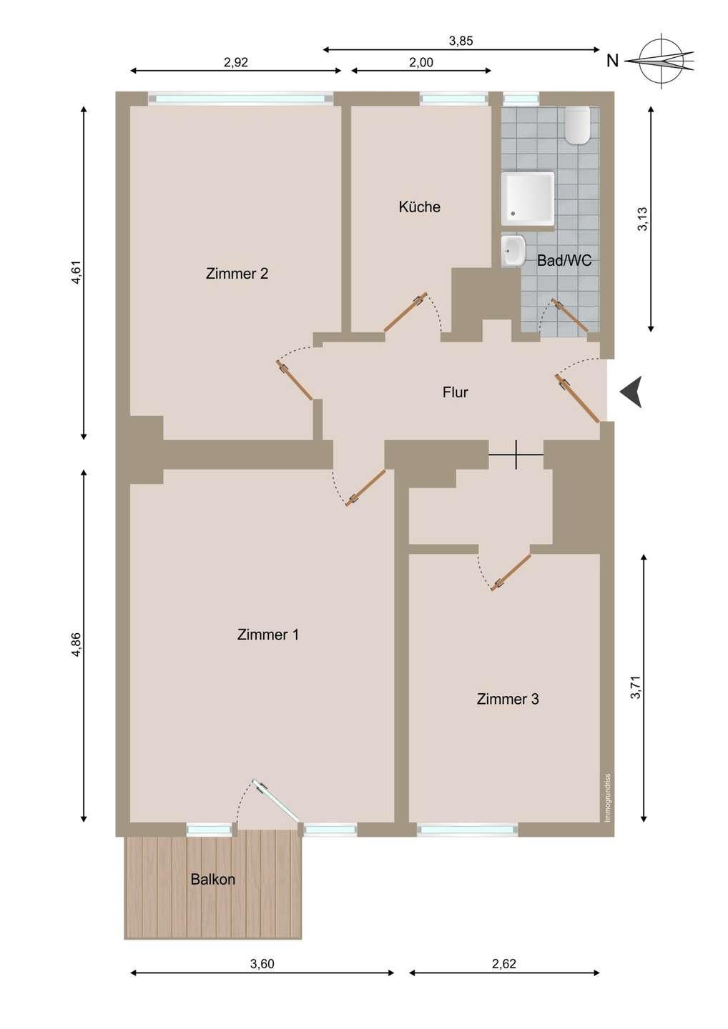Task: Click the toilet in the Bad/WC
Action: [x=577, y=124]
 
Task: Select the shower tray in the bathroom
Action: [x=528, y=199]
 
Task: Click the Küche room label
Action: [x=419, y=207]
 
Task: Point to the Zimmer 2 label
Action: [x=237, y=274]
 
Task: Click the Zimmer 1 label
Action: [x=268, y=635]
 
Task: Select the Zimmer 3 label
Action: [x=508, y=699]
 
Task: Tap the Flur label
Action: [x=456, y=392]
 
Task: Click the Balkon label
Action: [x=213, y=879]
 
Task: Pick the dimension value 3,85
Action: [x=461, y=41]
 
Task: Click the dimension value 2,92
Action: [x=236, y=62]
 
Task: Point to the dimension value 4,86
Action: [x=77, y=645]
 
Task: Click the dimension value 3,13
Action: [x=642, y=219]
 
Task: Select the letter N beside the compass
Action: [x=612, y=61]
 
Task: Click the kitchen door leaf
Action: [x=405, y=311]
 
